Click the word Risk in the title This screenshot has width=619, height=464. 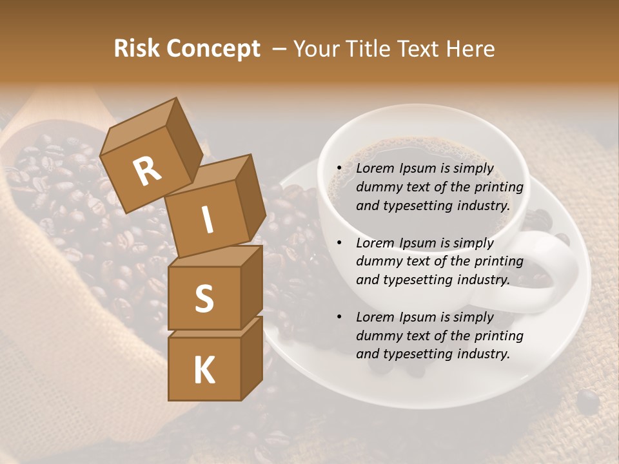(137, 49)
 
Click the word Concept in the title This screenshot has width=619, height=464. (213, 50)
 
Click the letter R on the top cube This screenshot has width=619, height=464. (148, 171)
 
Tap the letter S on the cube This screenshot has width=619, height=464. (204, 298)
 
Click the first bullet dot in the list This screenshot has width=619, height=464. (339, 169)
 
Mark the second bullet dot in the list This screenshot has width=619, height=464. (339, 243)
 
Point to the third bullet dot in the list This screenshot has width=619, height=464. (339, 317)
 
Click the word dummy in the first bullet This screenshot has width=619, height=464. (377, 188)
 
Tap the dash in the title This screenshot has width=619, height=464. (279, 49)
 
